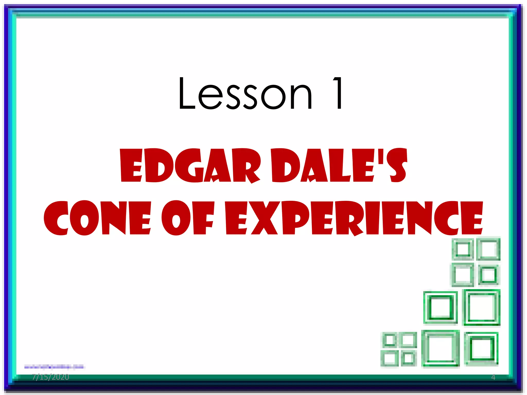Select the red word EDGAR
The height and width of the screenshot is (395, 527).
(190, 166)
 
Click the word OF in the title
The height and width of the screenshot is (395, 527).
(188, 218)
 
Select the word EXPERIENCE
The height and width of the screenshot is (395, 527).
(354, 218)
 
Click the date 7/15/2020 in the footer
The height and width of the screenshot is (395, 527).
(51, 377)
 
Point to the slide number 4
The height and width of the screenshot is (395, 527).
(493, 377)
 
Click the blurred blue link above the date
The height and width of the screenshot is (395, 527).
(54, 367)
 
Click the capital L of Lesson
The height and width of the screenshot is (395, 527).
(187, 94)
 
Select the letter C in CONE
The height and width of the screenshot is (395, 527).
(56, 218)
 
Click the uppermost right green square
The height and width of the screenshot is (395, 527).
(488, 249)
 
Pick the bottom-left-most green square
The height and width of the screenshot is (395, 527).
(389, 358)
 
